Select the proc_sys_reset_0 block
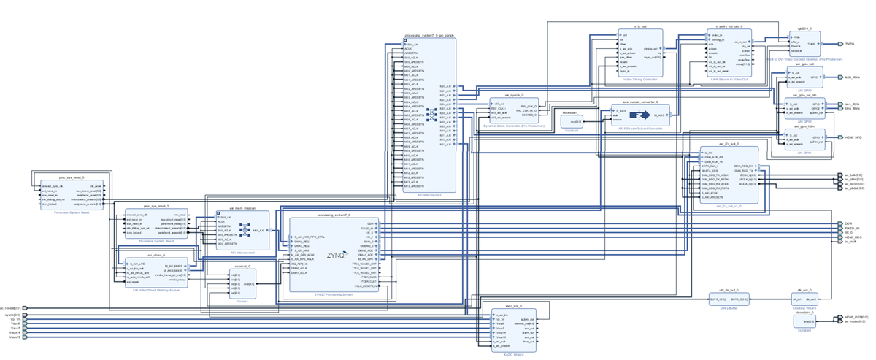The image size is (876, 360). (x=72, y=194)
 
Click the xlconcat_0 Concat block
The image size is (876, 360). (x=242, y=284)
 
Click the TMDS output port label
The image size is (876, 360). (x=850, y=44)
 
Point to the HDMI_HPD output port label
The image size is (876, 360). (x=853, y=137)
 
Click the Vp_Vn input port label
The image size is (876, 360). (x=15, y=321)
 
